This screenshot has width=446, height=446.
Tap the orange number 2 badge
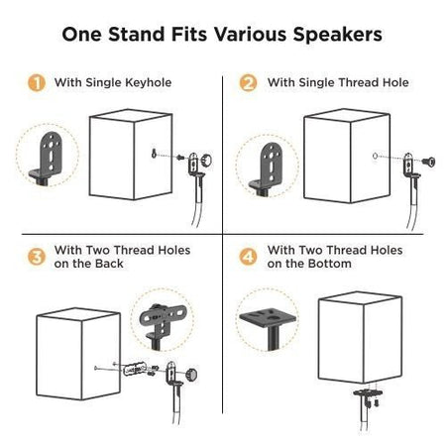click(x=249, y=82)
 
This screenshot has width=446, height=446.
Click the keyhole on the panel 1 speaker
click(x=154, y=152)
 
